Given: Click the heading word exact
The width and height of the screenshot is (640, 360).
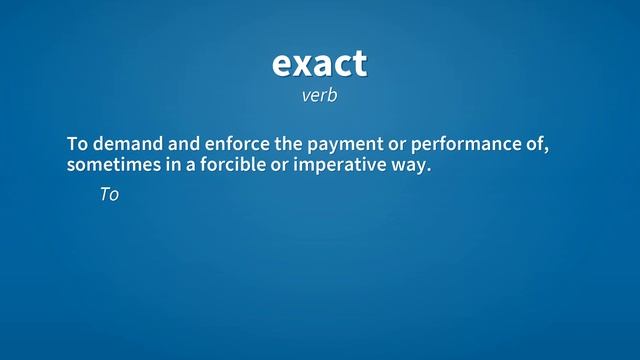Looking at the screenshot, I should pyautogui.click(x=319, y=64).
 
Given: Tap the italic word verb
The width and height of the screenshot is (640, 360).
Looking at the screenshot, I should pyautogui.click(x=319, y=96).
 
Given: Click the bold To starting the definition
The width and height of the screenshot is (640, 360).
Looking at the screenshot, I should pyautogui.click(x=77, y=144).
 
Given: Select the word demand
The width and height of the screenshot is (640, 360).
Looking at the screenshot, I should pyautogui.click(x=123, y=144).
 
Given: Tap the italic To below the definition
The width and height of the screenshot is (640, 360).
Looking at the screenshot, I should pyautogui.click(x=109, y=195).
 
